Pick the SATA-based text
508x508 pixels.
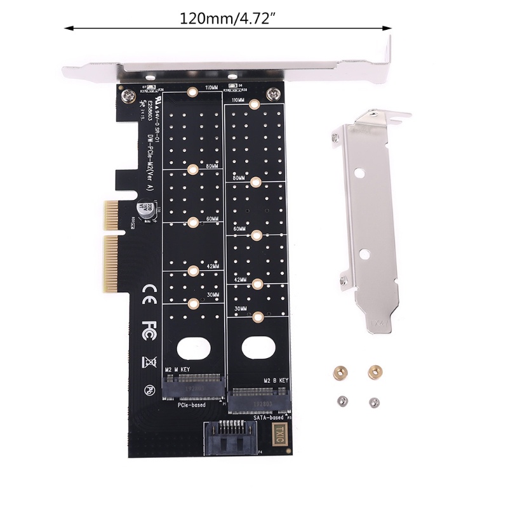click(269, 417)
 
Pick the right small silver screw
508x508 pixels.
click(375, 401)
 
